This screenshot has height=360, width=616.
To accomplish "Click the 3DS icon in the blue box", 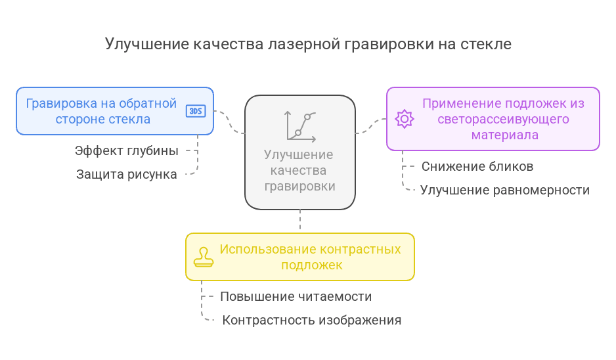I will tap(196, 111).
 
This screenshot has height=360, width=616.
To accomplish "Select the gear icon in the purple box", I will tap(404, 119).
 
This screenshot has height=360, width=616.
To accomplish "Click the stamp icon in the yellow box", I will tap(203, 257).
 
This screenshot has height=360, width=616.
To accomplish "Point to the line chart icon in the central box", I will tap(300, 126).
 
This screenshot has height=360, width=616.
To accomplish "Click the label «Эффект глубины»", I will tap(127, 151).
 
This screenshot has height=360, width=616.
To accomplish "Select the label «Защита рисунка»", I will tap(127, 175).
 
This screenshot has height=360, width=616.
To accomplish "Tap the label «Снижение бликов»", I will tap(477, 167).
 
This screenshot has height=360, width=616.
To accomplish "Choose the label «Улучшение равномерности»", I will tap(504, 191).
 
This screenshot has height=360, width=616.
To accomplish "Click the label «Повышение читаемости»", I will tap(296, 297).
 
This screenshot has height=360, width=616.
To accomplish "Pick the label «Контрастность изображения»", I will tap(312, 321).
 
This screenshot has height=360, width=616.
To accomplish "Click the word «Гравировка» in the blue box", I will tap(61, 104).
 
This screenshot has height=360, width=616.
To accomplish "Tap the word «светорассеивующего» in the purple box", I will tap(504, 120).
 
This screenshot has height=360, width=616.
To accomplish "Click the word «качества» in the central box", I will tap(299, 171).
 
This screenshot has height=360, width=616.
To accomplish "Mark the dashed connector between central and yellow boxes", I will tap(300, 221).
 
